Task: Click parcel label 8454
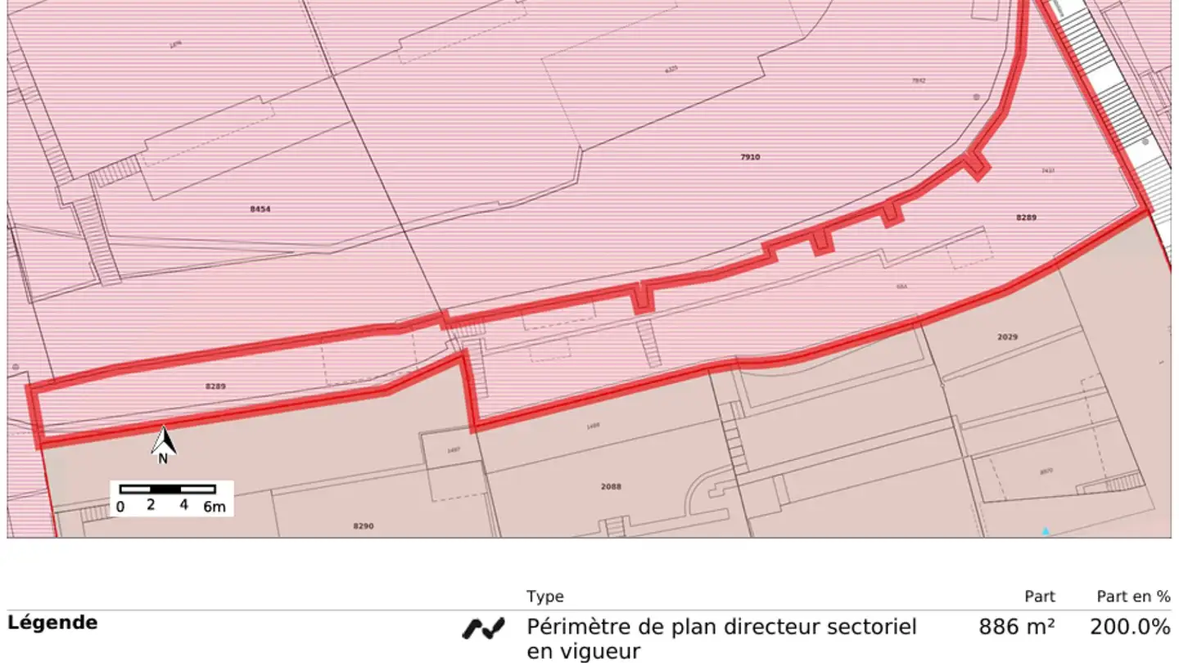coord(260,210)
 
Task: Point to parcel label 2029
coord(1007,337)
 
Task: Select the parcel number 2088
coord(611,486)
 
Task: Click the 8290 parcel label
coord(363,526)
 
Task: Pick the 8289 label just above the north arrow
coord(215,386)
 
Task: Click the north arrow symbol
coord(164,442)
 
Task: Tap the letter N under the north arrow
coord(163,459)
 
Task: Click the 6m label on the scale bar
coord(214,507)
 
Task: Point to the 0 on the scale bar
coord(120,507)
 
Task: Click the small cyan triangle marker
coord(1046,530)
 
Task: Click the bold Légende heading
coord(52,622)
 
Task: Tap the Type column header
coord(544,597)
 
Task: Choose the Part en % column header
coord(1133,597)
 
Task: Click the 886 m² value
coord(1016,628)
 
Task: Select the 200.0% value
coord(1130,628)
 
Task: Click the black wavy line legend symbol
coord(483,629)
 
